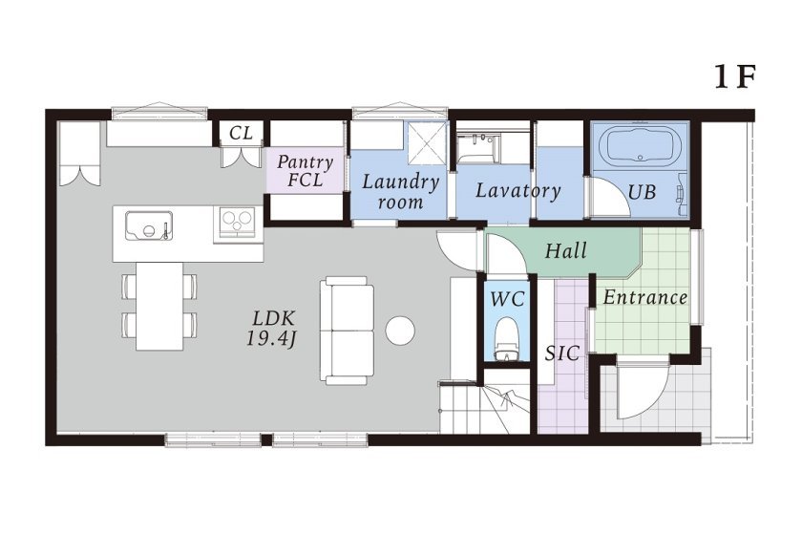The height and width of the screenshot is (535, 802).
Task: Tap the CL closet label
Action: coord(242,133)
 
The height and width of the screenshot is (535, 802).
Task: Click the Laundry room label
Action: coord(400,191)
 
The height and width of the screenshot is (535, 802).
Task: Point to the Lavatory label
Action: coord(517,190)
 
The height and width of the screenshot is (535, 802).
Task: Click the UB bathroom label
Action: coord(642,191)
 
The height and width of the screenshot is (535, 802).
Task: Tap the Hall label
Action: coord(566,252)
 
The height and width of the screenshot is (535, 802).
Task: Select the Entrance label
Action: coord(644,297)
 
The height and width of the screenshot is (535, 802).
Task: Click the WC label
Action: coord(507,299)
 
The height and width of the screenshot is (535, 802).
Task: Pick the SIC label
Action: coord(562,353)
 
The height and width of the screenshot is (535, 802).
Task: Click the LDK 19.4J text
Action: coord(274,327)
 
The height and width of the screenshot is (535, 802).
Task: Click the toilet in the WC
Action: coord(507,339)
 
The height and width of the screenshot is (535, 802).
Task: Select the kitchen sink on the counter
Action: coord(149,226)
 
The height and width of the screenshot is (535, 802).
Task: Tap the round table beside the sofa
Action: coord(400,331)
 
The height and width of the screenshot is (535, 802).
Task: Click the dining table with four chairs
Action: coord(159,305)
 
